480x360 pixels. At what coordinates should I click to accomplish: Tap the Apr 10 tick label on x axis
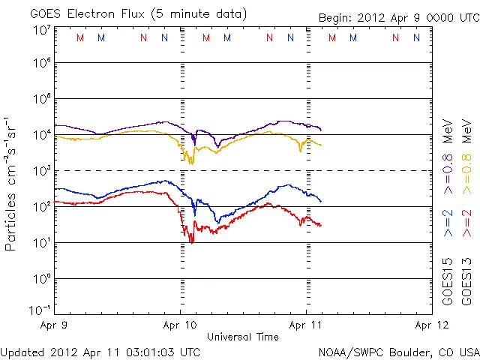click(180, 326)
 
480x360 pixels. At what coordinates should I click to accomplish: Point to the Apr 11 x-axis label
click(305, 326)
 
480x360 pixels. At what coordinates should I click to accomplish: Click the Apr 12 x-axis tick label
click(430, 326)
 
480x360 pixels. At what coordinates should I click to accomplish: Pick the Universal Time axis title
click(243, 337)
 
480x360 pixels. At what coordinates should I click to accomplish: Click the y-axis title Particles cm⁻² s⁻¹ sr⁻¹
click(11, 183)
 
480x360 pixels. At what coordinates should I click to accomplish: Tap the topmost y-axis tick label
click(41, 29)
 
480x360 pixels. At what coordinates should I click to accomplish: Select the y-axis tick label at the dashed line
click(41, 170)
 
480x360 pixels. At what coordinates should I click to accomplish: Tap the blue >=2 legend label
click(448, 223)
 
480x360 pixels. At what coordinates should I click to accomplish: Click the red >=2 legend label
click(466, 223)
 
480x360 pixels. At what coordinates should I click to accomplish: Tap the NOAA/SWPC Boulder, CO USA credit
click(397, 351)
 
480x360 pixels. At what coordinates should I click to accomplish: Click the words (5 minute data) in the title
click(199, 13)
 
